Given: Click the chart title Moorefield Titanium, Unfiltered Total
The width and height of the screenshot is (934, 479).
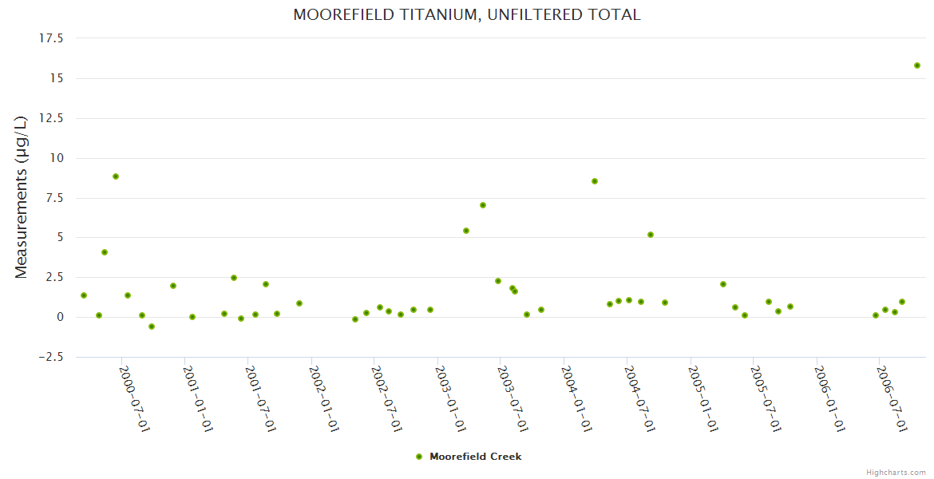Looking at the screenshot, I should coord(467,14).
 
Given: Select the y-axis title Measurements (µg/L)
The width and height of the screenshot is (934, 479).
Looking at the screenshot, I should coord(22,197).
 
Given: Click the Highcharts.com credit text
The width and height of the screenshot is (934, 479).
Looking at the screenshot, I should coord(896,473).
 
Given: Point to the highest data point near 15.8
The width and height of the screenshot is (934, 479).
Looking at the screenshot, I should coord(917,65).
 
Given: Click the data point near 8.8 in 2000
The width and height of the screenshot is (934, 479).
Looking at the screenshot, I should coord(116,176).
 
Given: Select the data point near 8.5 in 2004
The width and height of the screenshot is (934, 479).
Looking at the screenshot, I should coord(595,181).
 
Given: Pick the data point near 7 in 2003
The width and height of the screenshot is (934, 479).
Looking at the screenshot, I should coord(483,205).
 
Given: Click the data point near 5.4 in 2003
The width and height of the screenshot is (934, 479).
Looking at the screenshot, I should coord(466,231).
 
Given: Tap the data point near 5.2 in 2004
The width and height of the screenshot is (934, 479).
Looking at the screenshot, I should coord(651,235).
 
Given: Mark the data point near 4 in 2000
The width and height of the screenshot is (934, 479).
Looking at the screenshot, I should coord(105,252).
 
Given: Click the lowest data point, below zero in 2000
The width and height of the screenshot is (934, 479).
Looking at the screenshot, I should coord(152,327).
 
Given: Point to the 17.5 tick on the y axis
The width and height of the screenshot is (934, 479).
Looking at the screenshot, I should coord(53,38).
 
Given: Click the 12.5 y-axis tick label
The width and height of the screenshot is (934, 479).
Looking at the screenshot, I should coord(53,118).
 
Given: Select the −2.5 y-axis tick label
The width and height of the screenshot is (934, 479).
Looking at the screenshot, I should coord(51,357).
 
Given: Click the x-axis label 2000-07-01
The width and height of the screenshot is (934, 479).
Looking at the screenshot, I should coord(135,398).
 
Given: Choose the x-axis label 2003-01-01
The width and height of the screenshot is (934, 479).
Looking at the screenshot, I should coord(451,398).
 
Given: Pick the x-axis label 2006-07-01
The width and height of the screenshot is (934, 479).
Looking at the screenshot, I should coord(892,398).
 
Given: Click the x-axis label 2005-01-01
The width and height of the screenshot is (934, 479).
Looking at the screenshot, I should coord(703,398).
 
